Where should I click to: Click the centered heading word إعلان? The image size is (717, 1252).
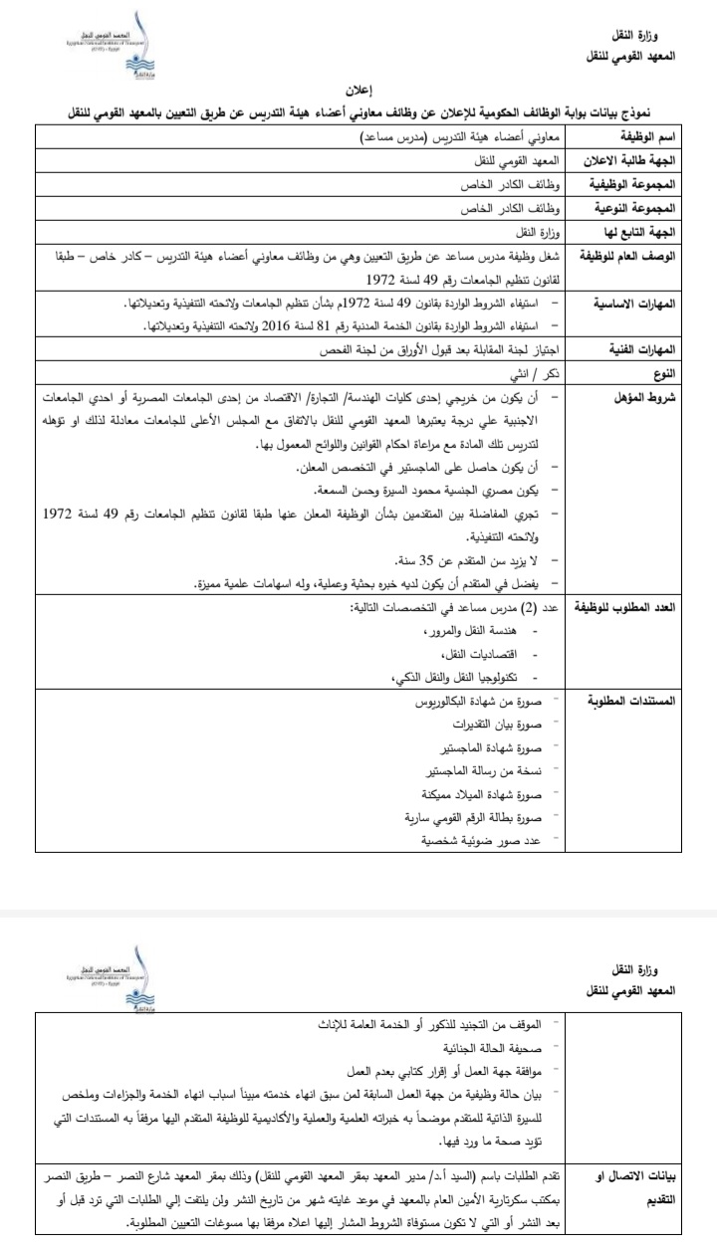pyautogui.click(x=359, y=90)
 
